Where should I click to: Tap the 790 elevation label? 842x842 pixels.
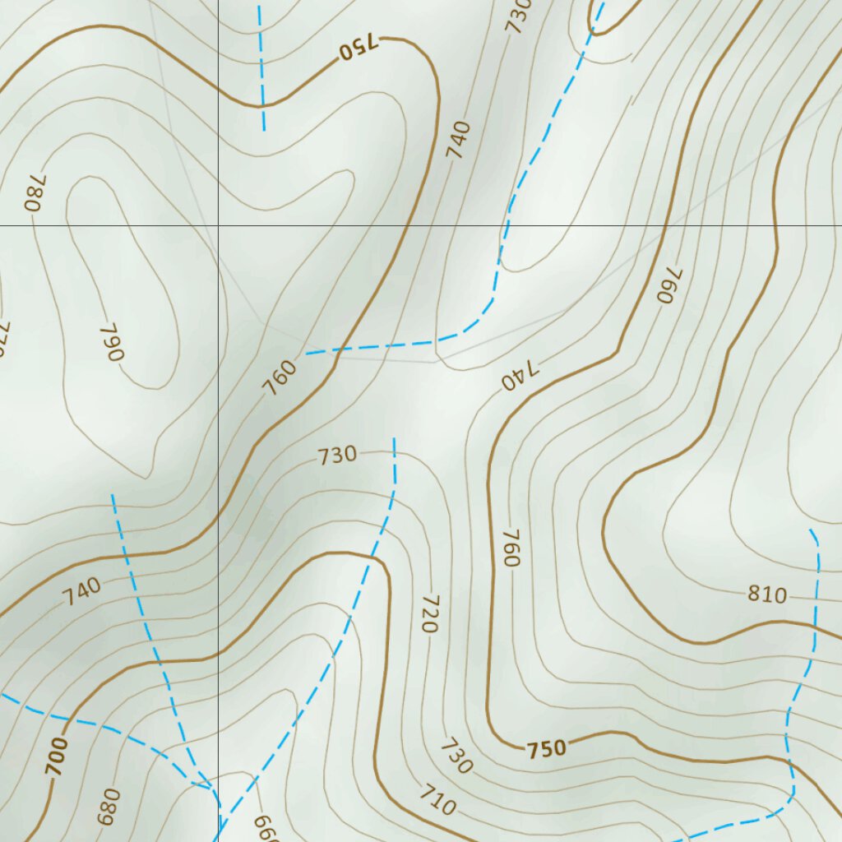111,342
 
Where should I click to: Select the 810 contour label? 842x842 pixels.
766,594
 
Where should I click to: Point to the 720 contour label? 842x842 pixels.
428,613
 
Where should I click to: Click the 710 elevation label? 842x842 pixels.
437,800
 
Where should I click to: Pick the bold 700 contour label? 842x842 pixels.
56,756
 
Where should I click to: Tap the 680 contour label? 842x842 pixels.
109,807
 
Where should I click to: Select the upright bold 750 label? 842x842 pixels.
547,749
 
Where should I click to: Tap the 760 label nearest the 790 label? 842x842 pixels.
280,378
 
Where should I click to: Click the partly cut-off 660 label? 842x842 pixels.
265,829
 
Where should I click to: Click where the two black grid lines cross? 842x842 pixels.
218,225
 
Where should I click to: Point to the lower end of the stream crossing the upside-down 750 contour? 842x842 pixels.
264,129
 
